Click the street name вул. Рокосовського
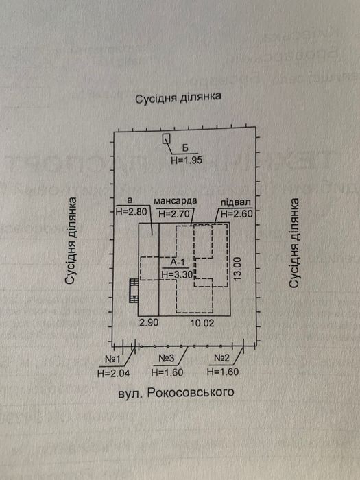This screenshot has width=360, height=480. [x=176, y=393]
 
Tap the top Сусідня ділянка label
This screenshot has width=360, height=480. [x=178, y=97]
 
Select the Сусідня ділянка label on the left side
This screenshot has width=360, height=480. [x=71, y=241]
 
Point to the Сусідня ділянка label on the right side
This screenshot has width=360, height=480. [x=294, y=243]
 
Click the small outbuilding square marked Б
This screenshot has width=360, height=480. [x=166, y=139]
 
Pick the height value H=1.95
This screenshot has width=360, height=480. [x=187, y=160]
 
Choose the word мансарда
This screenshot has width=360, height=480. [x=175, y=201]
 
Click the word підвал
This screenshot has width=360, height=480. [x=236, y=203]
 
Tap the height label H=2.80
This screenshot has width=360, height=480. [x=132, y=212]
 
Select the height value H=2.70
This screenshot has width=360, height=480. [x=174, y=213]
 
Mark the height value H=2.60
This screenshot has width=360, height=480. [x=237, y=214]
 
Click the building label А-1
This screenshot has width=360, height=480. [x=176, y=263]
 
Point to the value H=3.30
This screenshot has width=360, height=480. [x=177, y=274]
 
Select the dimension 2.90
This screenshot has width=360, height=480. [x=149, y=323]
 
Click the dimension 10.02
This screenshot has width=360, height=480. [x=202, y=323]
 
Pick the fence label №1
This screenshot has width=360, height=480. [x=113, y=359]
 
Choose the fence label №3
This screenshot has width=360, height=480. [x=167, y=358]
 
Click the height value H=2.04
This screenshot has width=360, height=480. [x=114, y=374]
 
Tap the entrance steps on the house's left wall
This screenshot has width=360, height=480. [x=134, y=291]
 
